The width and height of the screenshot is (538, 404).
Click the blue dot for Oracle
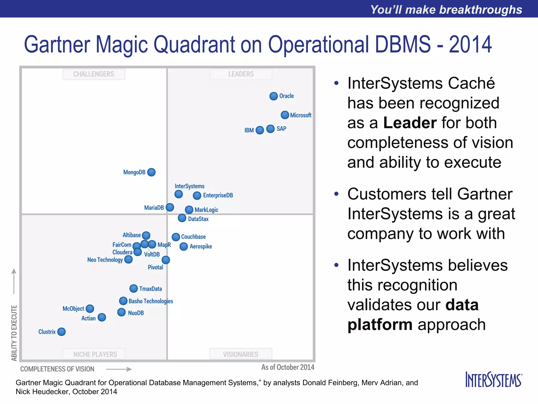tap(273, 96)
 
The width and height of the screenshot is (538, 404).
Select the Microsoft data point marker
tap(285, 115)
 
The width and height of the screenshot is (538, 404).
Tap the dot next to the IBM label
tap(260, 130)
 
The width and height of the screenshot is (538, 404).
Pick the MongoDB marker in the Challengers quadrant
tap(151, 172)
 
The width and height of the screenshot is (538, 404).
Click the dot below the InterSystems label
tap(179, 194)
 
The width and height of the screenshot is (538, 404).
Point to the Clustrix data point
tap(61, 332)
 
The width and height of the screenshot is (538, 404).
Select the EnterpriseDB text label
tap(218, 195)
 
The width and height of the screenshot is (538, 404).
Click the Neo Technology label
tap(105, 260)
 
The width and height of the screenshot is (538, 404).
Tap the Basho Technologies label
tap(151, 301)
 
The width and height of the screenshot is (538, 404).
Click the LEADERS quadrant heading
tap(241, 74)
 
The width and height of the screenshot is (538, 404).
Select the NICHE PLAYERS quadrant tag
tap(95, 354)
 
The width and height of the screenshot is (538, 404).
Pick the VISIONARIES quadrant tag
tap(241, 354)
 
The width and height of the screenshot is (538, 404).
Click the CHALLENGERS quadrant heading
tap(94, 74)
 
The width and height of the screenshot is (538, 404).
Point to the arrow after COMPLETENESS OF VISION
tap(119, 369)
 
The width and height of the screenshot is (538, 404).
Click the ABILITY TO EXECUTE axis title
tap(14, 333)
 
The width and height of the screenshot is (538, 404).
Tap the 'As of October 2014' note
tap(288, 367)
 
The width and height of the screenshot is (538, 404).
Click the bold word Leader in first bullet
tap(410, 123)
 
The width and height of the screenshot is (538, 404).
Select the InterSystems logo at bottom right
tap(494, 380)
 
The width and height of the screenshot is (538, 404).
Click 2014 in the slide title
tap(470, 45)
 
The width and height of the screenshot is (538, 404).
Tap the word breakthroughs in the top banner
tap(480, 10)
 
